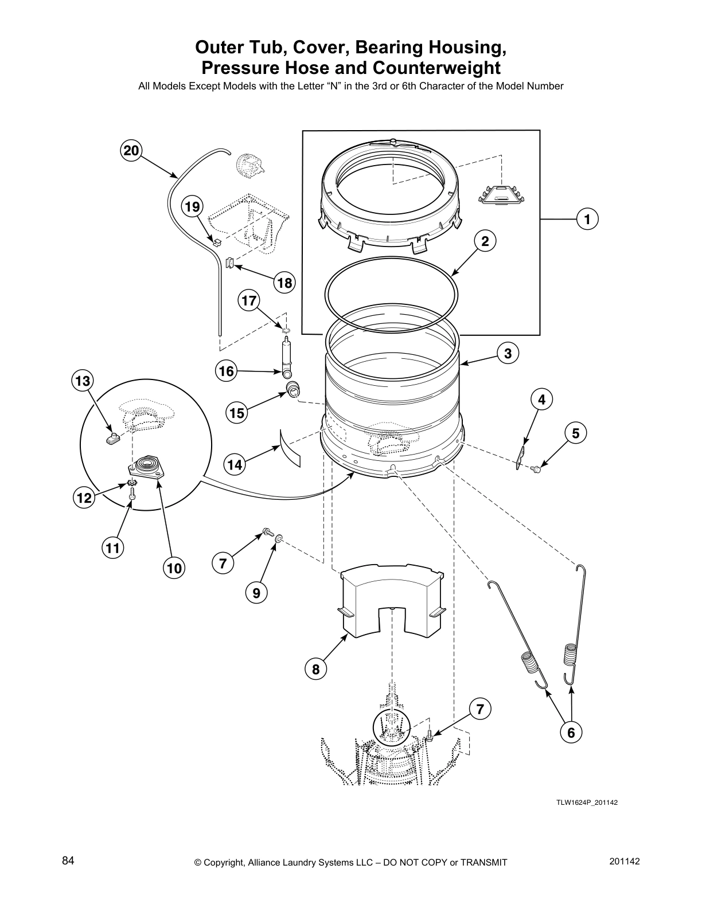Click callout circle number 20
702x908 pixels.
point(131,151)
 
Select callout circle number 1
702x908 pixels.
point(586,219)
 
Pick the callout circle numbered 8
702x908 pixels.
point(315,668)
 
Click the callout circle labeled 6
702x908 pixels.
point(571,731)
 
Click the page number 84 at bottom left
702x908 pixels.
point(68,860)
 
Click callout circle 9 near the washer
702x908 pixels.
point(256,593)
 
